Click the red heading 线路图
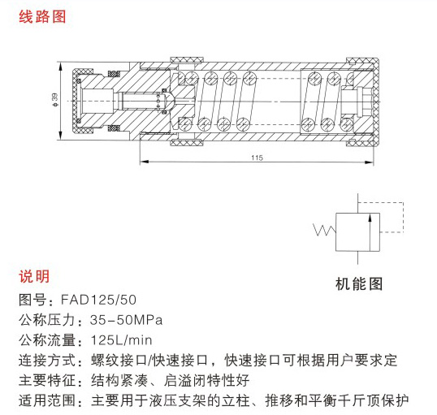tap(42, 17)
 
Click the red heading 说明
tap(34, 276)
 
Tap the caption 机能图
tap(359, 283)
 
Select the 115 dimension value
tap(257, 158)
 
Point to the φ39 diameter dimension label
tap(54, 100)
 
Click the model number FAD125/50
tap(98, 300)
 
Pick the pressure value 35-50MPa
tap(126, 320)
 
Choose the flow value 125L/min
tap(122, 340)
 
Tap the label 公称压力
tap(47, 320)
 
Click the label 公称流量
tap(47, 340)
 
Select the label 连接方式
tap(47, 361)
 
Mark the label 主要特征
tap(47, 380)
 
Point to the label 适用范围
tap(47, 400)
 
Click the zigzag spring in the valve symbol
tap(325, 230)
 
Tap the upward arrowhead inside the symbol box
tap(370, 218)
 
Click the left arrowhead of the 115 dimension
tap(144, 162)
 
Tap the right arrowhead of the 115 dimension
tap(370, 162)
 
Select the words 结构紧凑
tap(119, 380)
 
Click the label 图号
tap(32, 300)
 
